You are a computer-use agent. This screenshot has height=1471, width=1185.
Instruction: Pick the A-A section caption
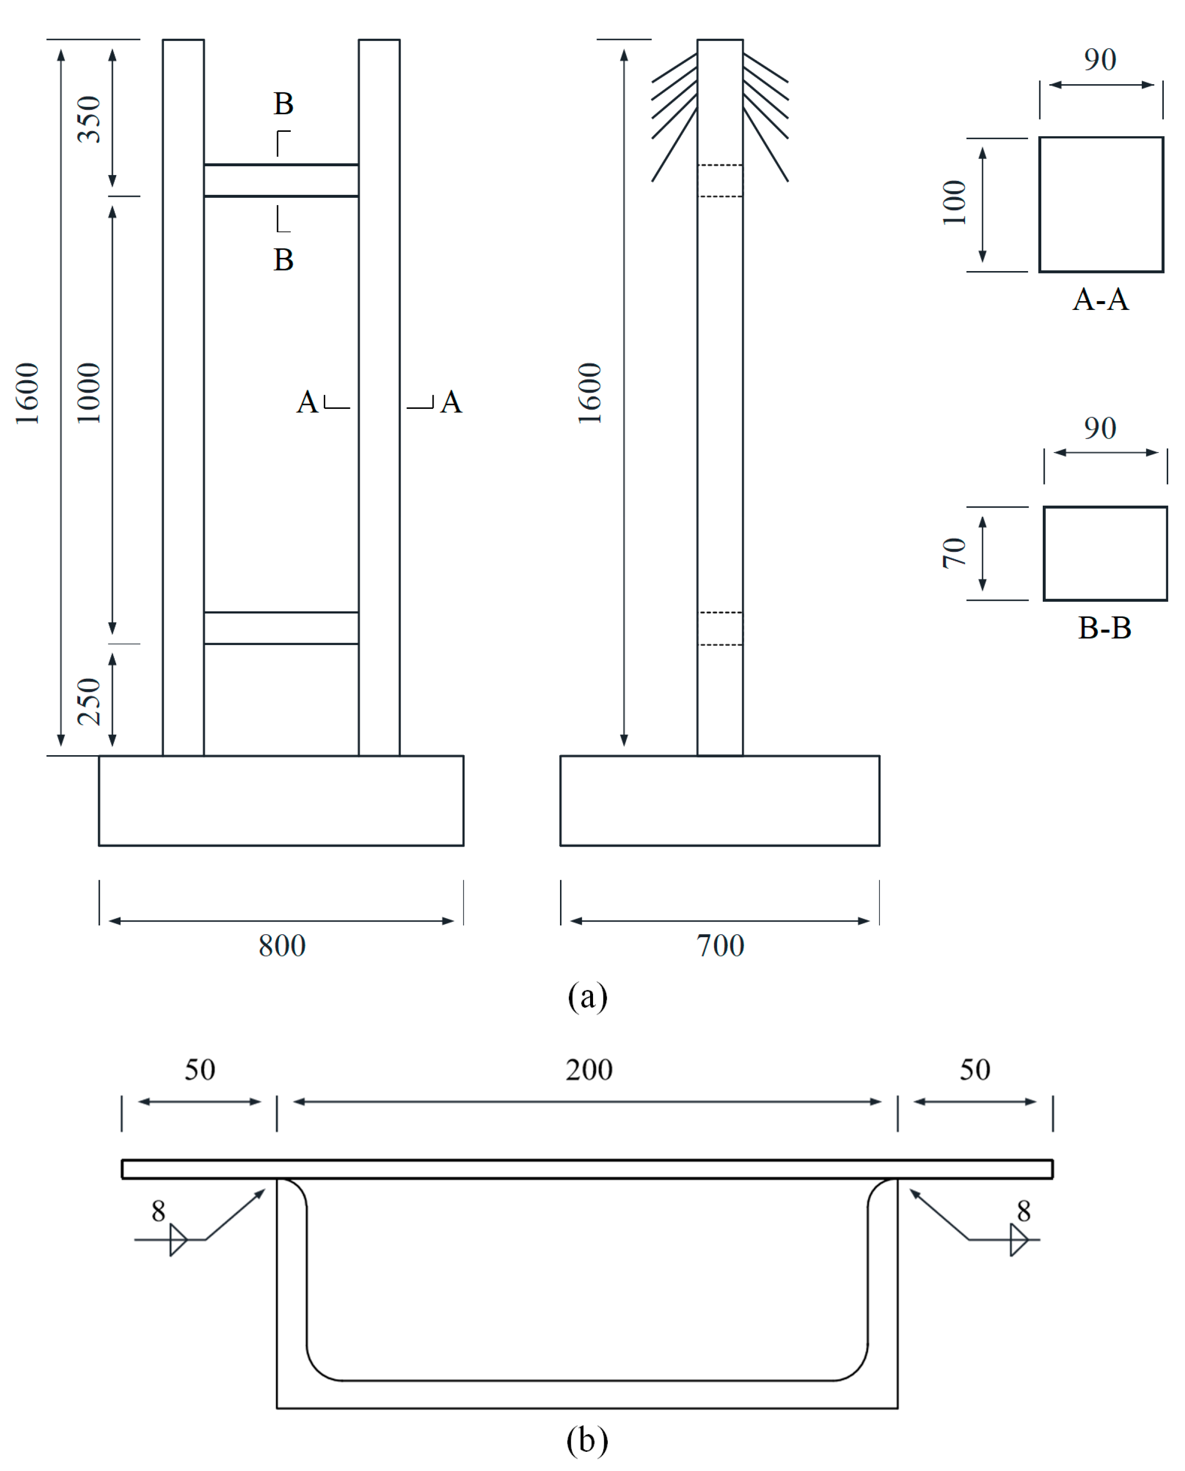1100,300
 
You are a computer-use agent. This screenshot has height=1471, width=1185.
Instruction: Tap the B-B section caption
1104,628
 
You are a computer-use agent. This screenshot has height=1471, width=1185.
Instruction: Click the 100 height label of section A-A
954,203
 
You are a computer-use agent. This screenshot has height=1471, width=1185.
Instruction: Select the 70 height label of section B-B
954,553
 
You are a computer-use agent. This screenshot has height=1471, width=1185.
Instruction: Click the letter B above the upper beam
283,104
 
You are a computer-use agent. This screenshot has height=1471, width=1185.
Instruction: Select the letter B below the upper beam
283,260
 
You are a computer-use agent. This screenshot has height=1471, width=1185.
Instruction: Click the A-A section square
1100,204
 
